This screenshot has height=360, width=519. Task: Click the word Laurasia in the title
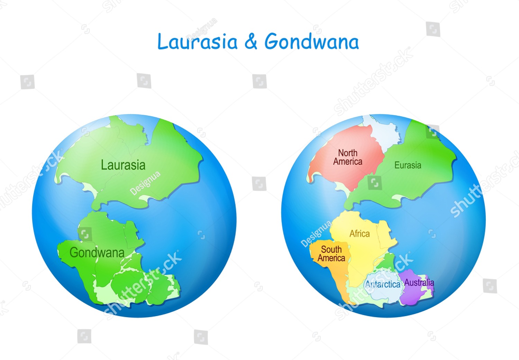point(198,42)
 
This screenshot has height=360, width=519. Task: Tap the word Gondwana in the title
point(311,42)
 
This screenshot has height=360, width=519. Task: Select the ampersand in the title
point(251,42)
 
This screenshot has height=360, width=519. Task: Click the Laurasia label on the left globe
point(123,165)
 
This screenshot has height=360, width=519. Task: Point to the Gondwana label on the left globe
point(97,252)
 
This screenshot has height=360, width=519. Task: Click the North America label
point(348,157)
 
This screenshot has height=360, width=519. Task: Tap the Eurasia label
point(408,165)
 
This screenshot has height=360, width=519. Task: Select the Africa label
point(359,234)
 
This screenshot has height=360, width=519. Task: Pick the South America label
point(331,254)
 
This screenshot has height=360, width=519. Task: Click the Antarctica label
point(383,284)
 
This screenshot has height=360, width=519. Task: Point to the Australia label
point(419,283)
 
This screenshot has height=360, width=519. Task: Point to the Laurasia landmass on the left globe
point(145,145)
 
